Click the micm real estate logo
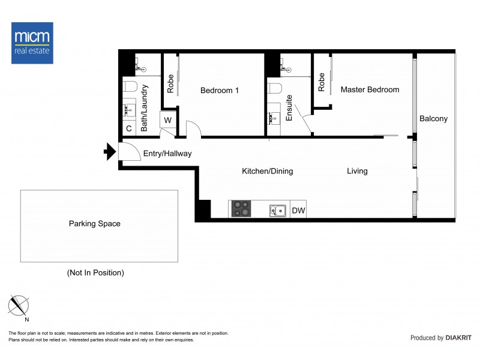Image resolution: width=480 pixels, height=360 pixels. coord(32,43)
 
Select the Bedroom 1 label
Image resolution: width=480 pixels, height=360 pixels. coord(220,91)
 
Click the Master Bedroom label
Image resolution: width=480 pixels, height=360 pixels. coord(370,89)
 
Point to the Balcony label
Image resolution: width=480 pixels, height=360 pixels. coord(433,119)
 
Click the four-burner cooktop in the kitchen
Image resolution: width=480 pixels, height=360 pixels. coord(242,209)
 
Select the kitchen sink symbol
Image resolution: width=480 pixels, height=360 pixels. coord(277,210)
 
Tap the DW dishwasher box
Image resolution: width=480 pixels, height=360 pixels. coord(298,211)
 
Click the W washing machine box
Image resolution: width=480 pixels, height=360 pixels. coord(167,120)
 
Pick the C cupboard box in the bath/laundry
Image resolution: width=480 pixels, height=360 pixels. coord(129,128)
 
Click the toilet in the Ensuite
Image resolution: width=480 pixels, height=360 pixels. coord(274,89)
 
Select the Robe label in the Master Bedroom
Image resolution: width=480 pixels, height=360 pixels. coord(322,82)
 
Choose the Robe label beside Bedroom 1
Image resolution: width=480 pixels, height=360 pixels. coord(170,83)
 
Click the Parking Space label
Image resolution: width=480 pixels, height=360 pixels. coord(94,224)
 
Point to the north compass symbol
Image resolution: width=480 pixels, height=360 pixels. coord(19,307)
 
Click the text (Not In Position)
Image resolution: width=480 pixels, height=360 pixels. coord(95,272)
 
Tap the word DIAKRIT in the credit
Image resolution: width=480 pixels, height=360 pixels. coord(459,338)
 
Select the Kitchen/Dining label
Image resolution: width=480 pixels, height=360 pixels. coord(267,171)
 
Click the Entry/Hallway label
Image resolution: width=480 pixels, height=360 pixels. coord(167,154)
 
